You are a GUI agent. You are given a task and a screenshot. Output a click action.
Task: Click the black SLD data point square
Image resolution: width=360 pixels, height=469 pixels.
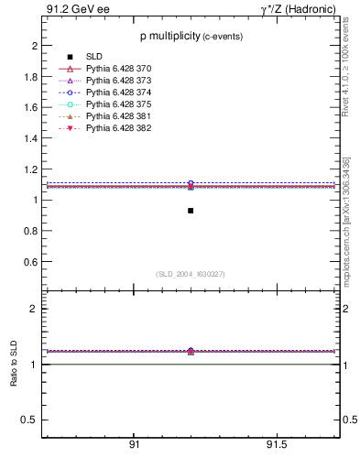pyautogui.click(x=191, y=211)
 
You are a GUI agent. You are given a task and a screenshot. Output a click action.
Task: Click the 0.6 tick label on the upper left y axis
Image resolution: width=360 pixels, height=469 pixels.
pyautogui.click(x=31, y=262)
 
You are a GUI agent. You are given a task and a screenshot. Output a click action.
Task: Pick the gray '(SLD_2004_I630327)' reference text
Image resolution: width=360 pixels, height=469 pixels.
pyautogui.click(x=190, y=274)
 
